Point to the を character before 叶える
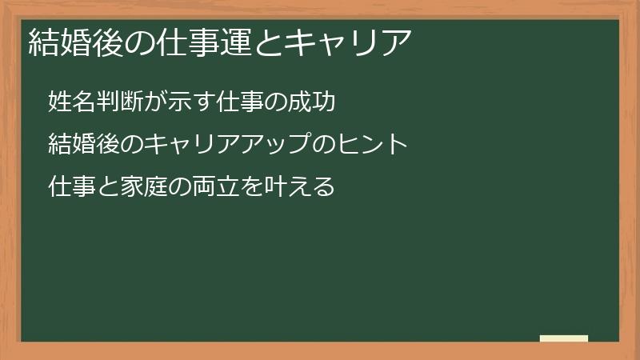248,188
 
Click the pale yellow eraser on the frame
564,339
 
